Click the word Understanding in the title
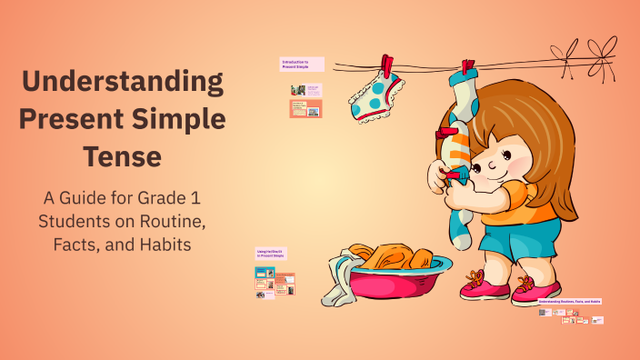click(124, 83)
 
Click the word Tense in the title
click(124, 156)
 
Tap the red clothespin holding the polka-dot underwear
click(387, 66)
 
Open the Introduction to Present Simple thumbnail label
click(302, 64)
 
